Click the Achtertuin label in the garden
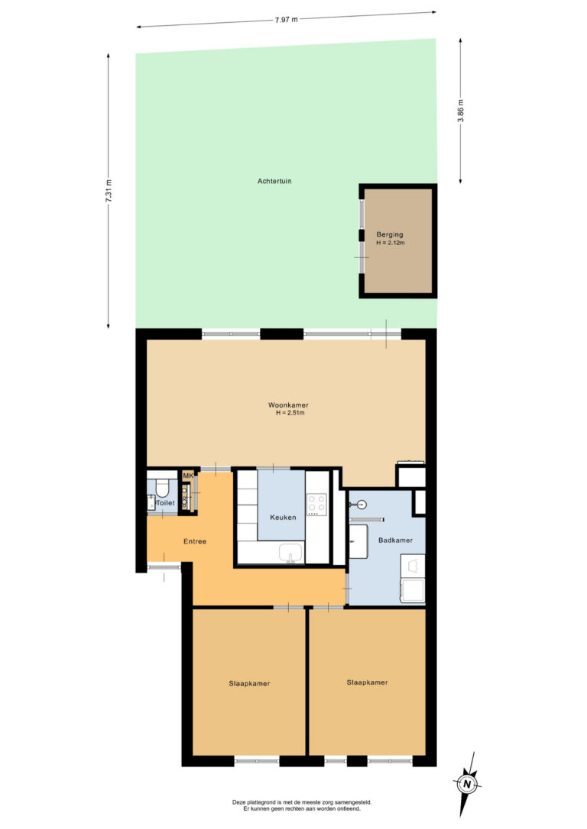click(274, 181)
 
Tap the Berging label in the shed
click(390, 234)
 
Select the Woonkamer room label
click(288, 405)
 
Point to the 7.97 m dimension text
click(287, 20)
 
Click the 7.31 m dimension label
click(109, 191)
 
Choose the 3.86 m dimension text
click(460, 111)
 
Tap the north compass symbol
click(466, 783)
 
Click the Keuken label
click(283, 517)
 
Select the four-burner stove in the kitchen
click(316, 505)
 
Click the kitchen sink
click(290, 553)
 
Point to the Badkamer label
click(395, 540)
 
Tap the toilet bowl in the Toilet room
click(162, 488)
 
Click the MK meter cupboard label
click(188, 476)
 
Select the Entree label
click(195, 541)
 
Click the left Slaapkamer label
click(249, 684)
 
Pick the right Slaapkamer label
click(368, 682)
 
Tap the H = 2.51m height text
click(290, 413)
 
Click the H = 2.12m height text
click(391, 243)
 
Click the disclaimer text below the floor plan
click(302, 805)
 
